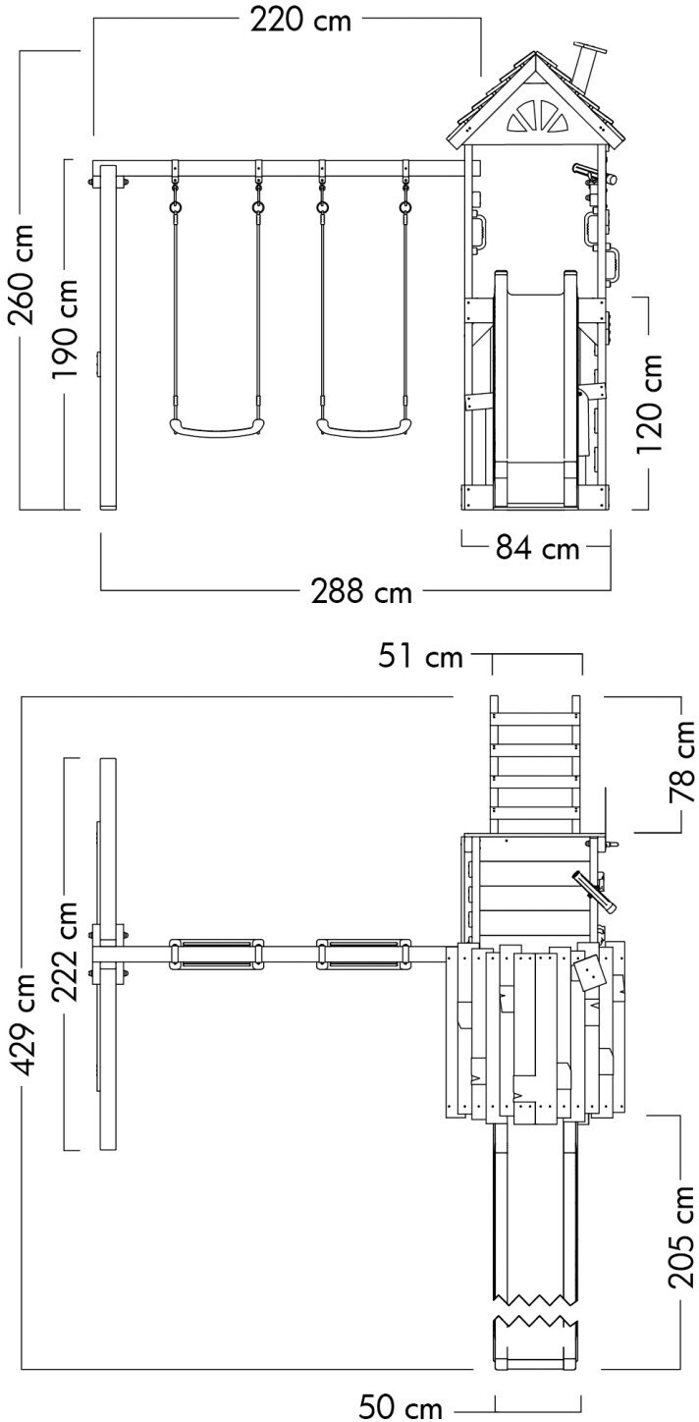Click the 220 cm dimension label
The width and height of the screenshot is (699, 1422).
[300, 21]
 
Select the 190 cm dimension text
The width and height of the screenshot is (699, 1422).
[64, 328]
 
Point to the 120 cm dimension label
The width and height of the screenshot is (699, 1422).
[649, 403]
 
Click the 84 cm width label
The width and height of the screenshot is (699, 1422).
[538, 549]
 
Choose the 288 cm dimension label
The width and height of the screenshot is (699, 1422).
[360, 591]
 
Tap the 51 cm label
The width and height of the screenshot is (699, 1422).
[421, 656]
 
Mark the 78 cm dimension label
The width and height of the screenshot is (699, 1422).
[682, 762]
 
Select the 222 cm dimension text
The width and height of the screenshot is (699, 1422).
[64, 953]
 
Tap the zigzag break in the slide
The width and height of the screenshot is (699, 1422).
[536, 1304]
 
